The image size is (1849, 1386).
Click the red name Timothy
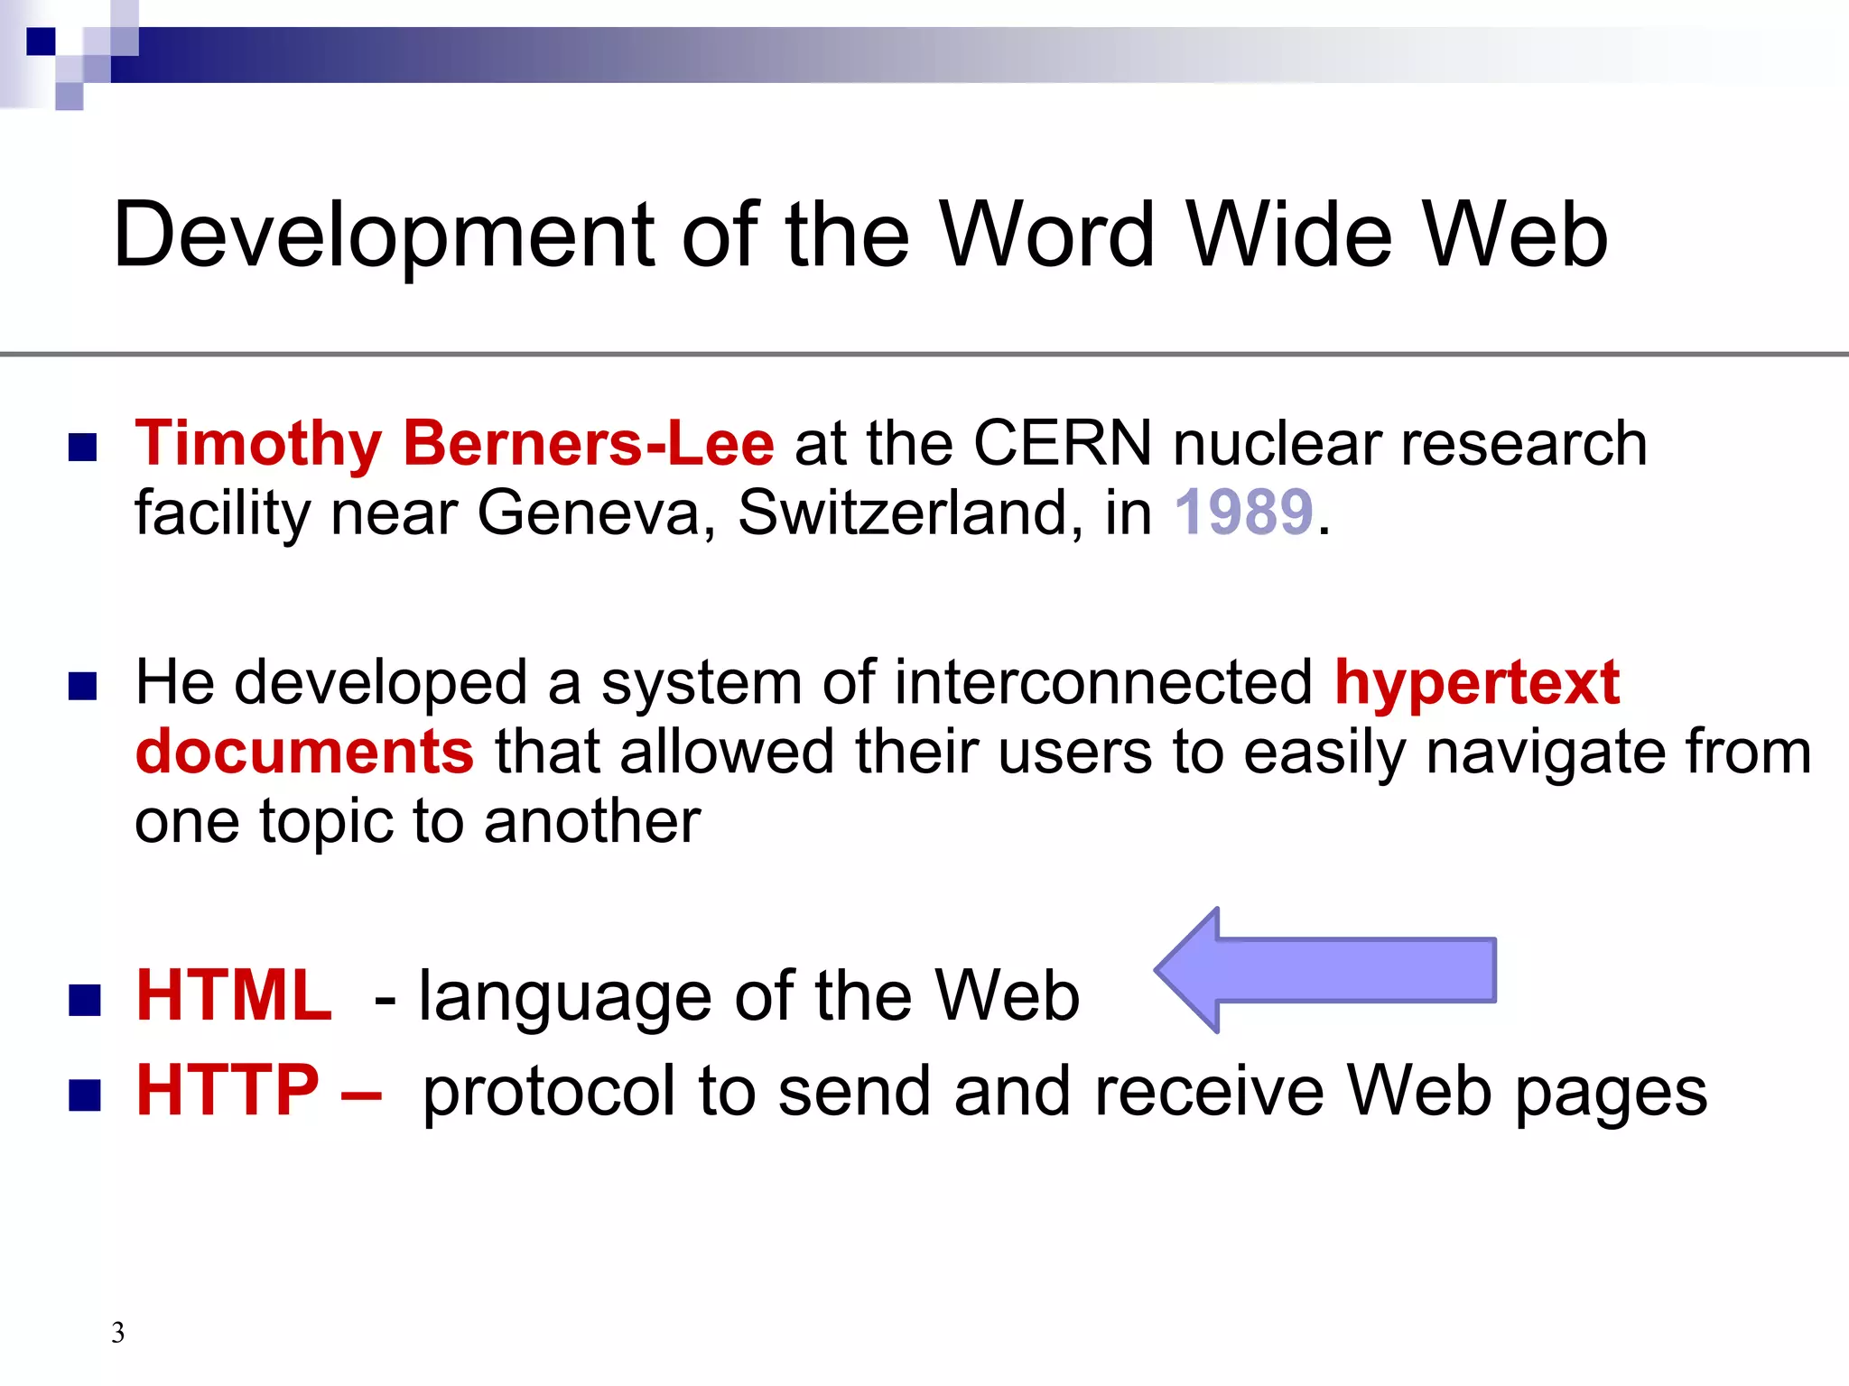(x=258, y=444)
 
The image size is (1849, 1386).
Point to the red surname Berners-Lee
(x=588, y=444)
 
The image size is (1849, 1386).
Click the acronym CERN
(x=1062, y=444)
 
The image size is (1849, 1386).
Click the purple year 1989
(x=1243, y=513)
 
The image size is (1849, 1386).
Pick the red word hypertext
(x=1476, y=682)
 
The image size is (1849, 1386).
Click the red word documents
(x=304, y=752)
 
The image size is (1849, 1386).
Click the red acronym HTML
(x=234, y=995)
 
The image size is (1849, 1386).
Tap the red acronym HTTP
(x=228, y=1090)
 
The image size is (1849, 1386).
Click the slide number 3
(x=117, y=1333)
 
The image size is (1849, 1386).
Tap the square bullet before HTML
(x=84, y=1000)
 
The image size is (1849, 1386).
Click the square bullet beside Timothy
(x=82, y=448)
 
